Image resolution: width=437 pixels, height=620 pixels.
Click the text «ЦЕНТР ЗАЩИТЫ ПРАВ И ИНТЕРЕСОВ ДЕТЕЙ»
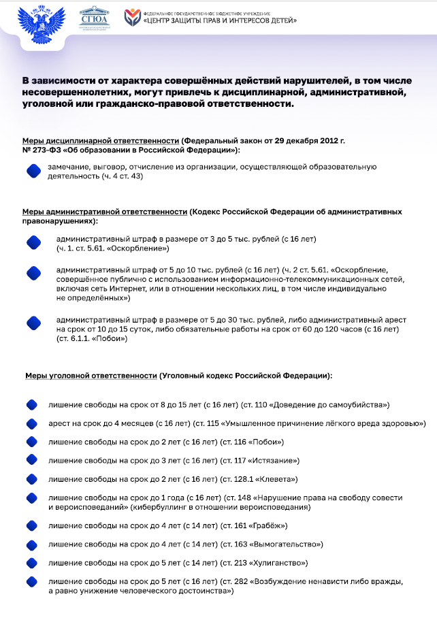(221, 21)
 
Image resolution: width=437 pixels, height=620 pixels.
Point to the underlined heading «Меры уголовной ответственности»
(91, 375)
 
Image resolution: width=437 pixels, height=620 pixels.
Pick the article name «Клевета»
(274, 479)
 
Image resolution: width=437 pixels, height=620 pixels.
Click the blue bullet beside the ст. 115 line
(31, 424)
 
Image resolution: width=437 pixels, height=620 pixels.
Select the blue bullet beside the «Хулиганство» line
(31, 563)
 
